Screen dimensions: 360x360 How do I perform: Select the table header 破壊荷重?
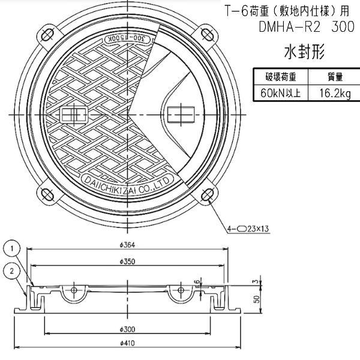pos(280,77)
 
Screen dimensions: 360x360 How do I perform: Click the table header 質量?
pos(334,77)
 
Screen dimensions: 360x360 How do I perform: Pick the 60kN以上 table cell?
pos(280,93)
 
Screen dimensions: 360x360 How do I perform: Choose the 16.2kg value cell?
pos(334,93)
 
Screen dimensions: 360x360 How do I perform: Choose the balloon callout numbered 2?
pos(12,271)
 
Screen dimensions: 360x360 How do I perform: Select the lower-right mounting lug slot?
pos(206,195)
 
